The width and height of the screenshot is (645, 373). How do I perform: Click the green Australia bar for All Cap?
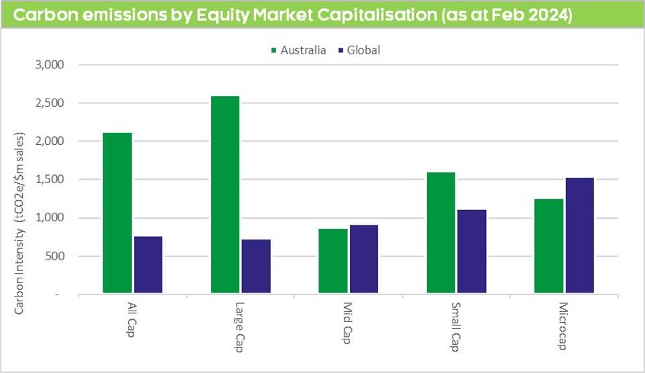pos(117,213)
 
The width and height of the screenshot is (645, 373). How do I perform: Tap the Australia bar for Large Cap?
pos(225,195)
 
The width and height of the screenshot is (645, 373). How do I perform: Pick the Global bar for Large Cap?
pos(255,266)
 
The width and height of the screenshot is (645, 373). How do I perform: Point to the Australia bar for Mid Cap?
pos(333,261)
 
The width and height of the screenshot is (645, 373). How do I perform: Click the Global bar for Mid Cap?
pos(363,259)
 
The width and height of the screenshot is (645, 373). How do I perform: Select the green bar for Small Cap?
pos(441,233)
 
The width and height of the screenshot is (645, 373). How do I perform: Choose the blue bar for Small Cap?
pos(471,252)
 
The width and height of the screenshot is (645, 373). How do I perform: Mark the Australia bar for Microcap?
pos(549,246)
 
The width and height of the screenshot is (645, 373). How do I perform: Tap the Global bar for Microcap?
pos(579,235)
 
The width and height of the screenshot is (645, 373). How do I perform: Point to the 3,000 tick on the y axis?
pos(48,65)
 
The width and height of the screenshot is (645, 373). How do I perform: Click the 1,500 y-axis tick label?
pos(48,180)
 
